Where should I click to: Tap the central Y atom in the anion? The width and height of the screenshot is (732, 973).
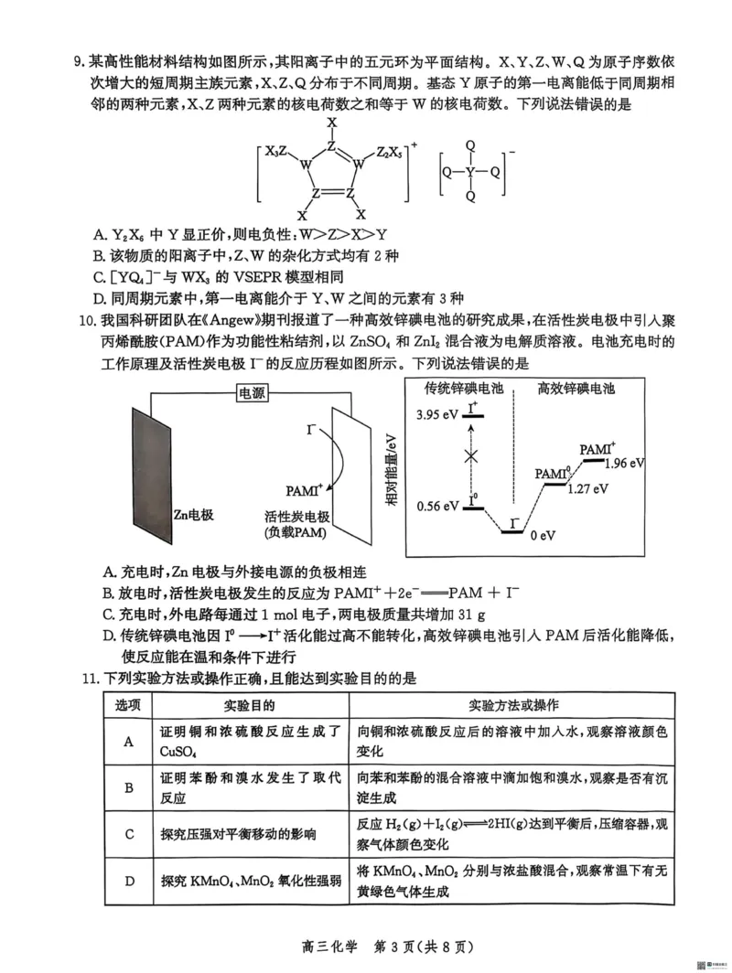tap(470, 171)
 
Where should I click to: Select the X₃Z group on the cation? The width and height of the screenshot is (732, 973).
tap(277, 152)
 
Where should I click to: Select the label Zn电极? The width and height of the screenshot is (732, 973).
tap(193, 515)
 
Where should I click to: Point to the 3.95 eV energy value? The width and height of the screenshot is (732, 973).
tap(436, 414)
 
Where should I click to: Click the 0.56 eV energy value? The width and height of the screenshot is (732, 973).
tap(437, 506)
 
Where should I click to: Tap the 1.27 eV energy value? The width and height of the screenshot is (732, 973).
tap(587, 488)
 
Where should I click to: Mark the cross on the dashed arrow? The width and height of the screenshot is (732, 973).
tap(471, 455)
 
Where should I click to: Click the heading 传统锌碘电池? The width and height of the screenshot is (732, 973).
tap(465, 389)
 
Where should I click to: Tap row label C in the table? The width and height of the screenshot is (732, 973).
tap(129, 834)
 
